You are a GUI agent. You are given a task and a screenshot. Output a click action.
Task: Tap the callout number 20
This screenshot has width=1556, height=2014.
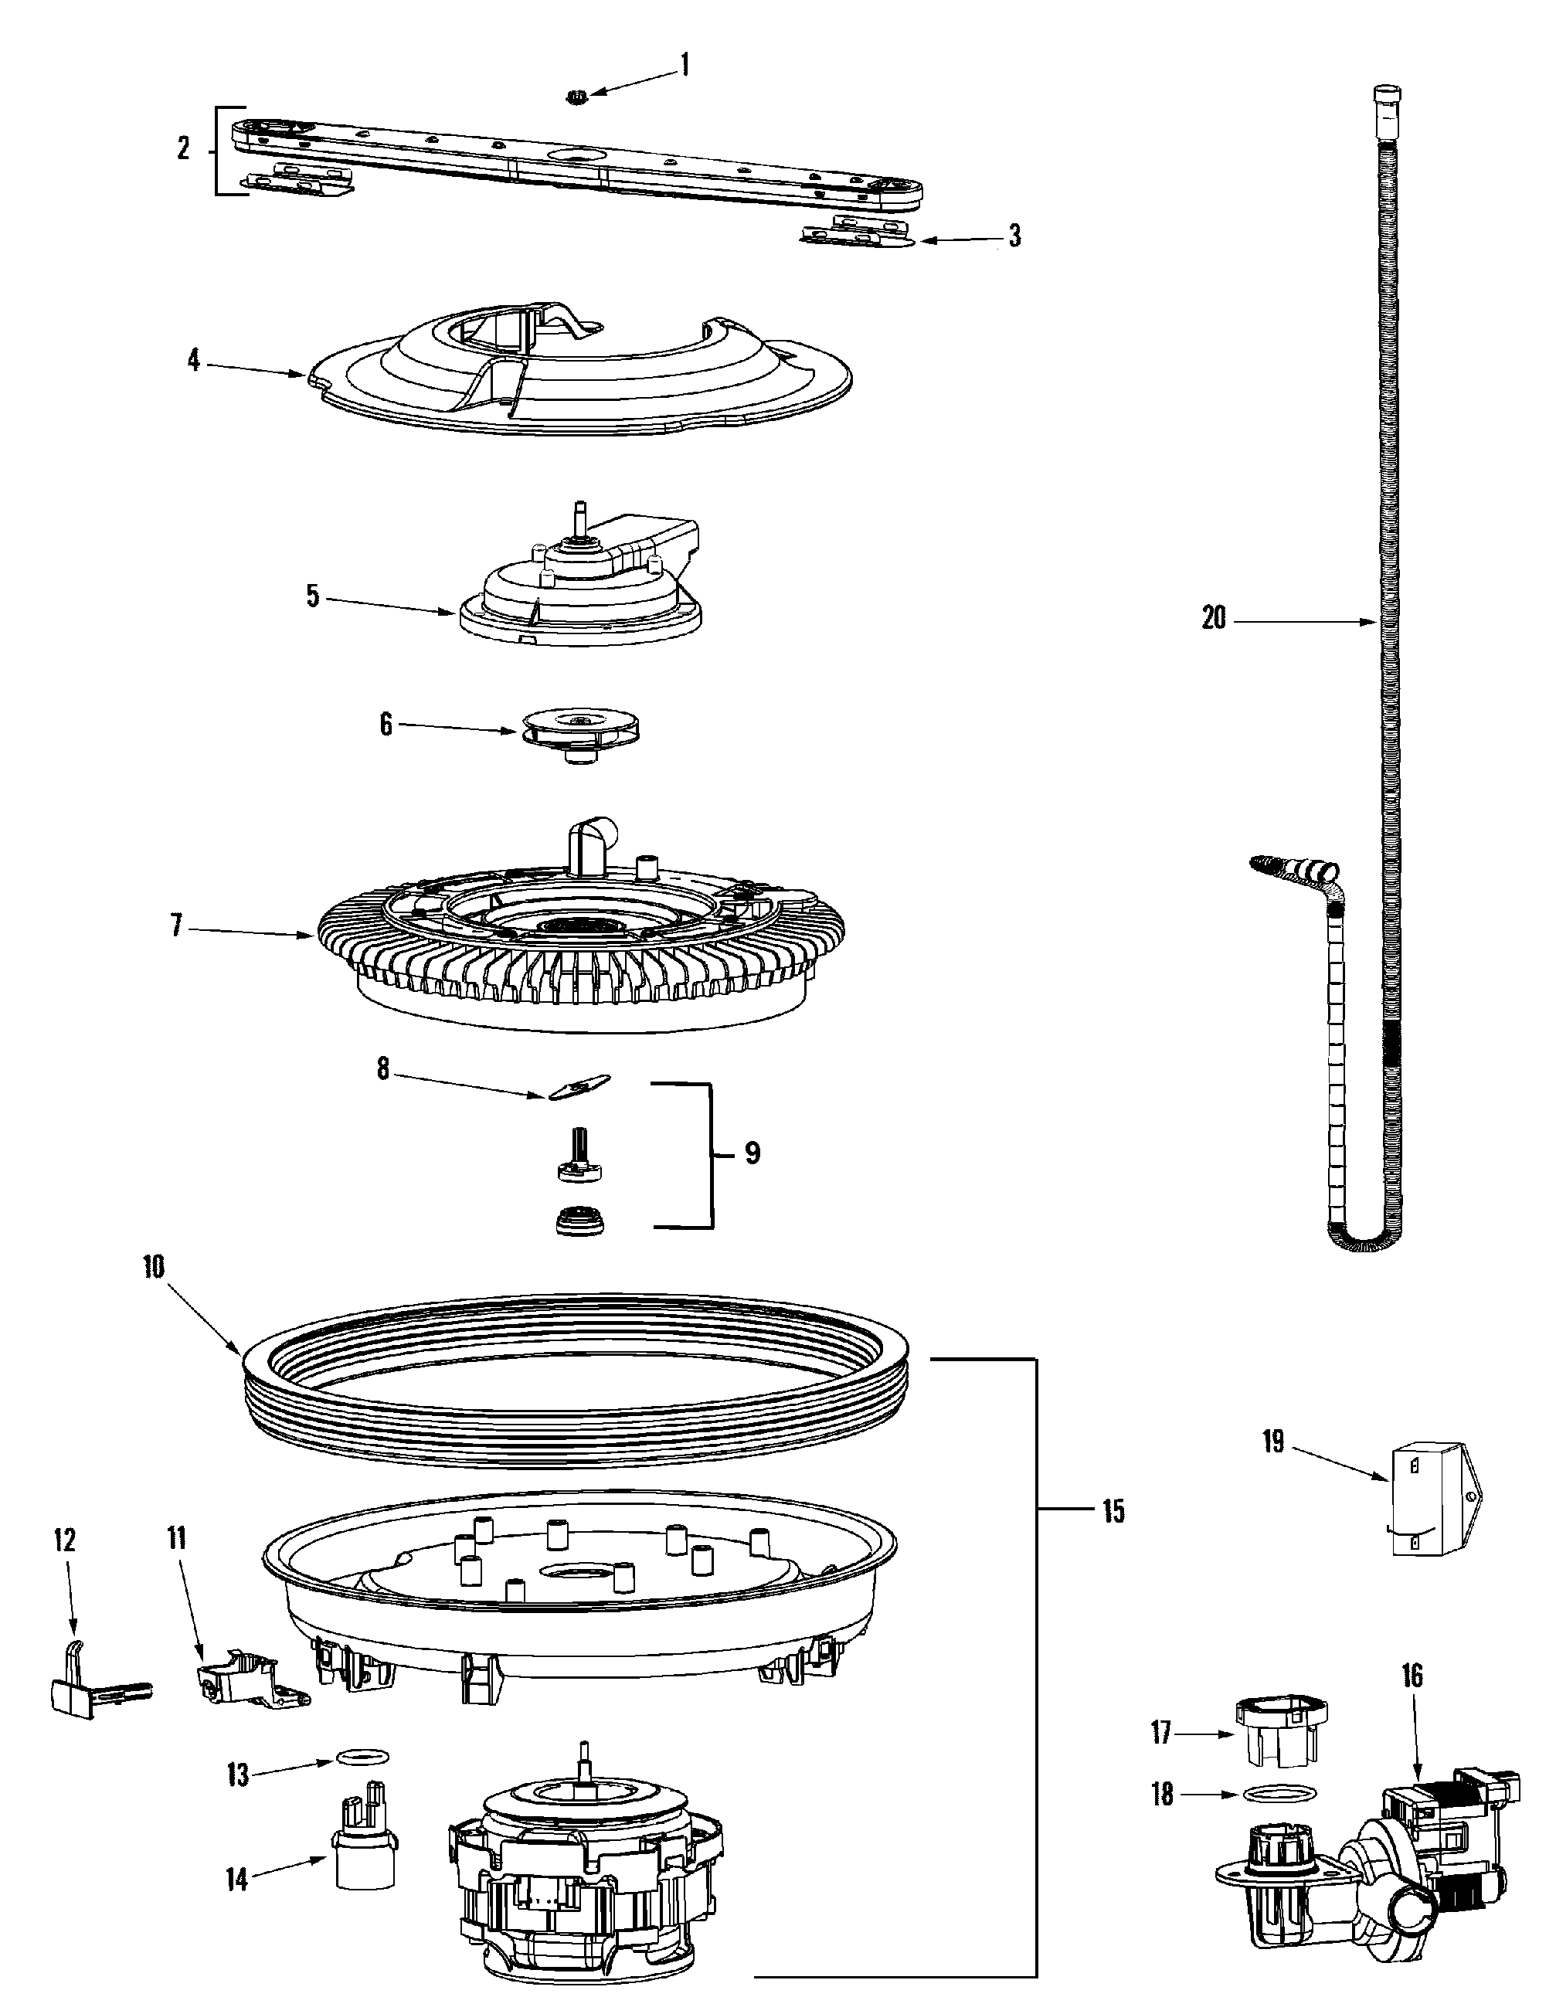[x=1214, y=619]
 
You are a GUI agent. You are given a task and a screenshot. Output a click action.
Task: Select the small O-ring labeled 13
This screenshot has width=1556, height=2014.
[x=362, y=1756]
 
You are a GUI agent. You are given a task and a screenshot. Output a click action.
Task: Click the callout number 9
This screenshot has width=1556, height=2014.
[x=752, y=1153]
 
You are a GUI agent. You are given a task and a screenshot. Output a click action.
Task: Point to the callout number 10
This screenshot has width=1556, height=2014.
[x=154, y=1268]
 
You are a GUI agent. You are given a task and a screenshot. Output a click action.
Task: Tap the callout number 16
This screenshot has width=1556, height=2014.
[x=1412, y=1675]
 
